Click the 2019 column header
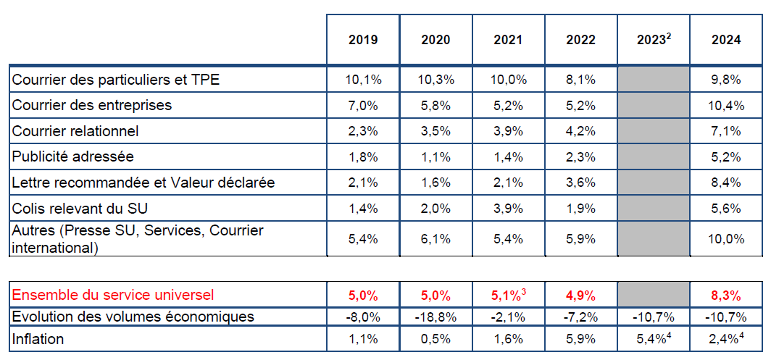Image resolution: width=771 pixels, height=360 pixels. click(363, 40)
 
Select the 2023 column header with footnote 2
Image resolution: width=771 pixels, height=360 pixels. click(653, 40)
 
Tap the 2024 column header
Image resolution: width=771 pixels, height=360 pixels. click(725, 40)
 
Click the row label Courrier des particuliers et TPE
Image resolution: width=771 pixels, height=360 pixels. click(116, 80)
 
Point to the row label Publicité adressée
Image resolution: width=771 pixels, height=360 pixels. click(73, 156)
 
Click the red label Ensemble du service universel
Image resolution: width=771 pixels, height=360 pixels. click(113, 295)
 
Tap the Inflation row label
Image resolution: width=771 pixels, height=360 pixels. click(38, 338)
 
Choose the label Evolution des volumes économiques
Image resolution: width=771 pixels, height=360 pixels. click(133, 317)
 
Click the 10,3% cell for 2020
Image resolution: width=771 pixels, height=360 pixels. click(435, 80)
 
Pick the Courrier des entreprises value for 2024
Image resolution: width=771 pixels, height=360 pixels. click(725, 106)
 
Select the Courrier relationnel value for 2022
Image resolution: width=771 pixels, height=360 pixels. click(580, 132)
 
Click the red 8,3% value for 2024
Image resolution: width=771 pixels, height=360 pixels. click(725, 296)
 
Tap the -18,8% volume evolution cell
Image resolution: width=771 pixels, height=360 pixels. click(435, 317)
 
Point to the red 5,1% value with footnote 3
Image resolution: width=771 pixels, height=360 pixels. click(508, 295)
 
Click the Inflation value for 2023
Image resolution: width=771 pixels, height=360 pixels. click(653, 338)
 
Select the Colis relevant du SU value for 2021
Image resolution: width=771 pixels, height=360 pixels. click(508, 209)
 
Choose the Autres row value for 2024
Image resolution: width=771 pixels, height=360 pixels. click(725, 239)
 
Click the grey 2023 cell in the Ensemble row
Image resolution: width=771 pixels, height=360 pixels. click(653, 294)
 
